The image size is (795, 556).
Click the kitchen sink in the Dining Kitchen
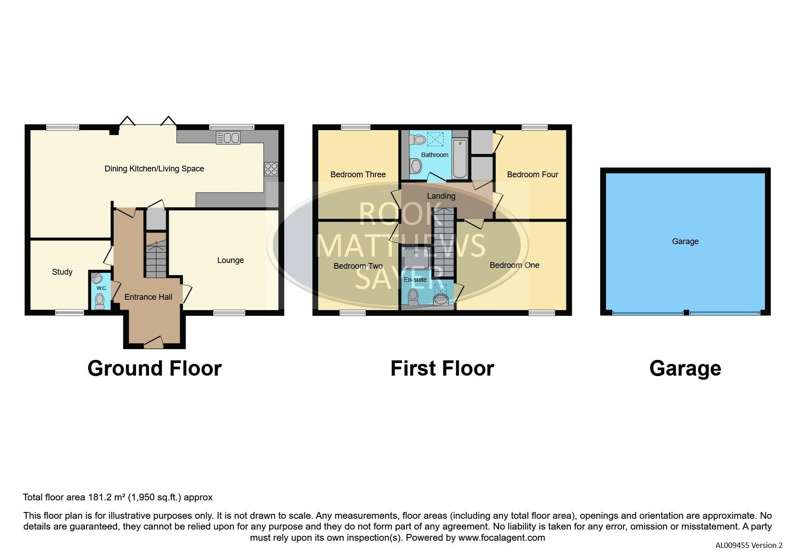click(x=228, y=137)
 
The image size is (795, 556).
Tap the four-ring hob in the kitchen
click(x=271, y=169)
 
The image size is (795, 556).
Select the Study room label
click(x=62, y=272)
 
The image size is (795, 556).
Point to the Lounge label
click(x=230, y=260)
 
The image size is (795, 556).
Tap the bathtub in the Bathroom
click(x=460, y=159)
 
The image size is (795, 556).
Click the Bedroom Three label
click(x=358, y=175)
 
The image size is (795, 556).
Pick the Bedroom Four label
click(x=532, y=175)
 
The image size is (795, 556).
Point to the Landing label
click(x=441, y=196)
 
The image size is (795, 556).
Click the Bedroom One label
click(x=514, y=265)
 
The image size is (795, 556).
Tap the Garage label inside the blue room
click(x=685, y=241)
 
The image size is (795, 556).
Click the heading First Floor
click(x=442, y=368)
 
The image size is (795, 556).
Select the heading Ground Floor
click(x=154, y=368)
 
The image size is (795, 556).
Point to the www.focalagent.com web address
click(x=501, y=538)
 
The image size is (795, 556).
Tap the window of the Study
click(x=70, y=312)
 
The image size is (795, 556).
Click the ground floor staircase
click(x=156, y=255)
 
